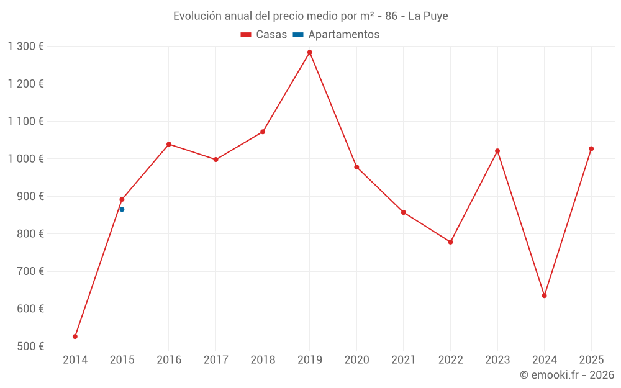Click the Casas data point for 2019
(x=309, y=52)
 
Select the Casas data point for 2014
(x=75, y=336)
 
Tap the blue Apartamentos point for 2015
(x=122, y=209)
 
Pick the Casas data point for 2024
(x=544, y=296)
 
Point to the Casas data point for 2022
(x=450, y=242)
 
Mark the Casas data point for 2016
(x=169, y=144)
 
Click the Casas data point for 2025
(x=591, y=148)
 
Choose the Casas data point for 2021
(x=404, y=212)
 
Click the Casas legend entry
(x=264, y=35)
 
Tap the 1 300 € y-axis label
(x=26, y=46)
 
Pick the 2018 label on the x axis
(x=263, y=359)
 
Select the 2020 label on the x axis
(x=356, y=359)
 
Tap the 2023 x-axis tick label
(x=497, y=359)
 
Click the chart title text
(x=310, y=16)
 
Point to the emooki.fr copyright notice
(x=566, y=375)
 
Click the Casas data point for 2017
(x=215, y=160)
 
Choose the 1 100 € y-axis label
(x=26, y=121)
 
